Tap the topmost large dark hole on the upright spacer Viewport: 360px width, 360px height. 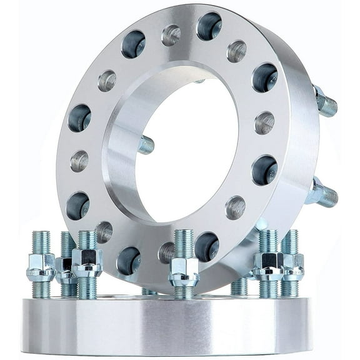pyautogui.click(x=209, y=26)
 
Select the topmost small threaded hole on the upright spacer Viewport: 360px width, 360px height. pyautogui.click(x=171, y=35)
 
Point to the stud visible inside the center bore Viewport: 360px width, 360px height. pyautogui.click(x=146, y=145)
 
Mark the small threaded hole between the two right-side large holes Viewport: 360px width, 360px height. pyautogui.click(x=264, y=122)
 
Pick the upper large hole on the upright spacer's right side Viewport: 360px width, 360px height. pyautogui.click(x=264, y=77)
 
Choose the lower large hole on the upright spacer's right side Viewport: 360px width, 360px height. pyautogui.click(x=264, y=170)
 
